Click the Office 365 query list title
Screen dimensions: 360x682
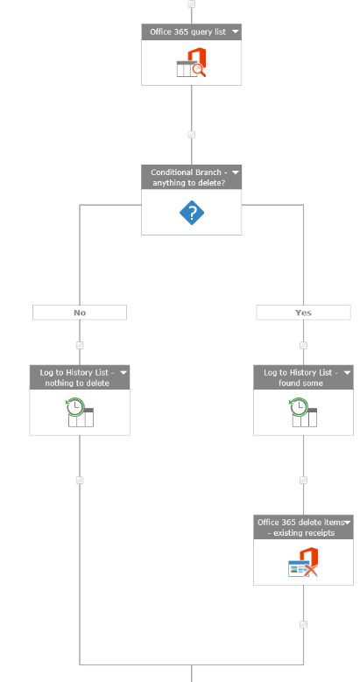coord(187,32)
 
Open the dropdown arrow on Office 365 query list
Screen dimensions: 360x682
coord(236,32)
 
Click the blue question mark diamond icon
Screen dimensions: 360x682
coord(192,213)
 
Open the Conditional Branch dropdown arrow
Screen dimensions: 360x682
coord(236,172)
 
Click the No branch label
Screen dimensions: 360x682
coord(80,313)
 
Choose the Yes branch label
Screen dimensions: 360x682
coord(303,313)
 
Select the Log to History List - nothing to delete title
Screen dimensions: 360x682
coord(77,377)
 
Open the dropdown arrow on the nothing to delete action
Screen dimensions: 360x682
coord(124,372)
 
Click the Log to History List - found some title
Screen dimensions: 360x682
coord(300,377)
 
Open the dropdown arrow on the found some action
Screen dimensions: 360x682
coord(348,372)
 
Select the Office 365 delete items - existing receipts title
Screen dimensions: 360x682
coord(300,527)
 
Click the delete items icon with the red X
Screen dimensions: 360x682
coord(303,562)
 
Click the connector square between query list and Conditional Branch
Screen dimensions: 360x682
coord(192,135)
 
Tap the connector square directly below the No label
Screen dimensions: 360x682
coord(80,345)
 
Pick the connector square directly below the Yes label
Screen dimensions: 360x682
coord(303,345)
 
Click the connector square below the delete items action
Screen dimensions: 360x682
coord(303,624)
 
